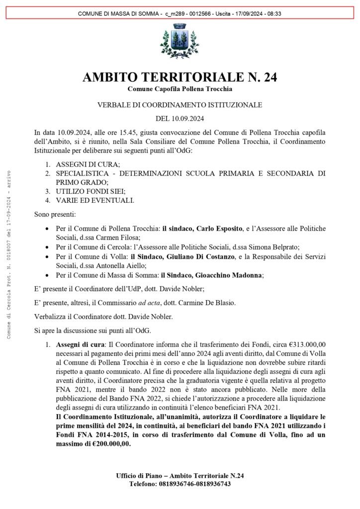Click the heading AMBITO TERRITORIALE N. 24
point(180,78)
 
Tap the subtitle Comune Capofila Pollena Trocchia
point(180,89)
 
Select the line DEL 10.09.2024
point(180,119)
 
